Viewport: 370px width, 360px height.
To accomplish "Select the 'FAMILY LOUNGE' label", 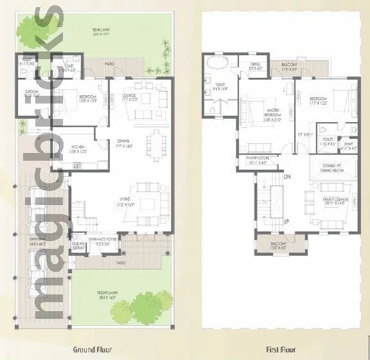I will pos(335,200).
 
